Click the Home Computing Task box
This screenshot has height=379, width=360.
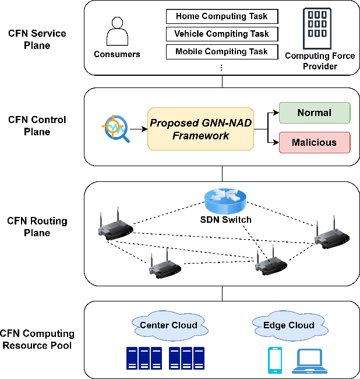point(221,16)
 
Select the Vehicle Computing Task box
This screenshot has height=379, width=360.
point(221,34)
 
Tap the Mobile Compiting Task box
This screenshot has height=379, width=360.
point(221,51)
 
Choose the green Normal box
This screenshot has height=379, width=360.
point(315,113)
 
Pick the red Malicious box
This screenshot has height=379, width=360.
point(315,142)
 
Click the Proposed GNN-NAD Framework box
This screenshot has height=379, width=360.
point(200,129)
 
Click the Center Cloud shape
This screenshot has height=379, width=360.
point(168,325)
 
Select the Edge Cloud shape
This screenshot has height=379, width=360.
point(288,325)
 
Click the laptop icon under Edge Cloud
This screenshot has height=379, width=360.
point(309,361)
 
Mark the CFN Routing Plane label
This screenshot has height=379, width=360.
point(37,227)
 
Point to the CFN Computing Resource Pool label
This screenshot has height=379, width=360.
point(37,339)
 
